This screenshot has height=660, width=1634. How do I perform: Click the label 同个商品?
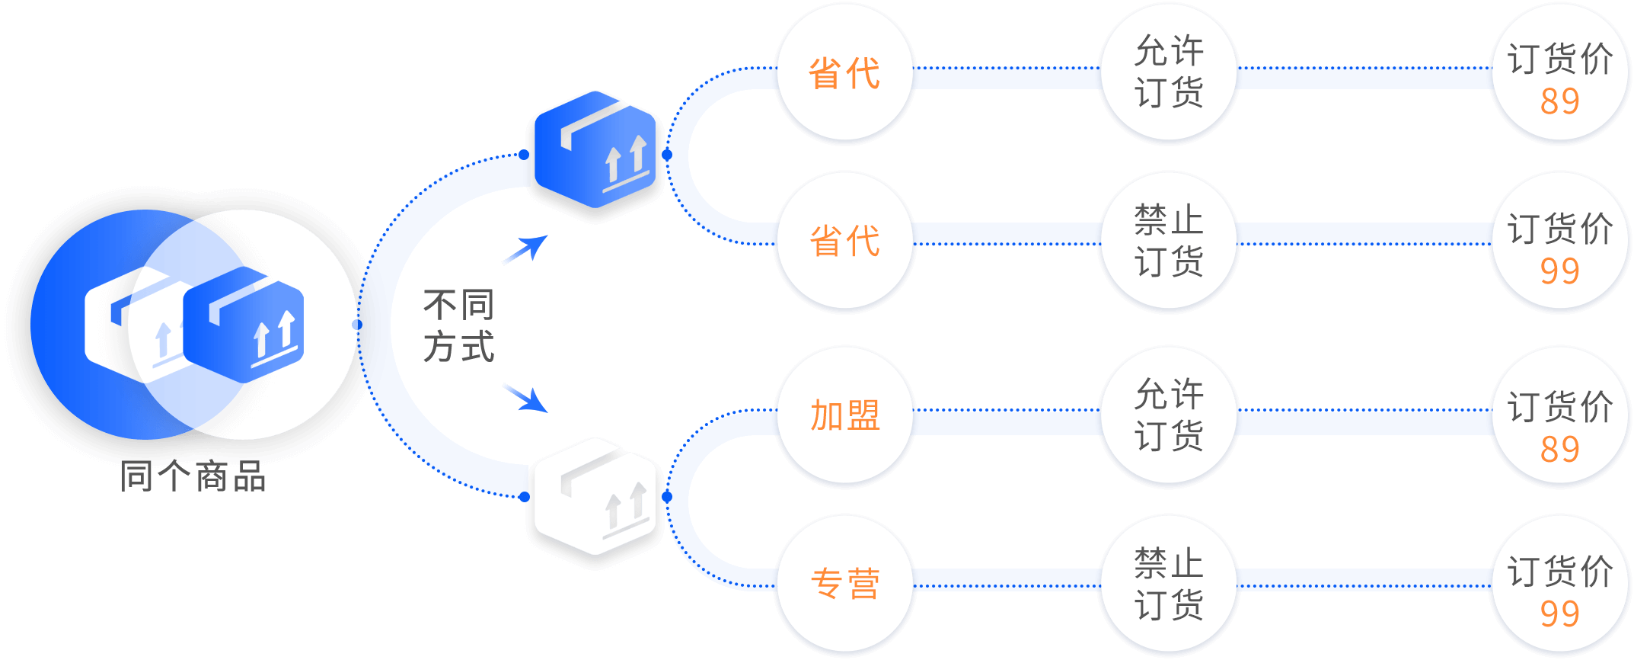coord(193,476)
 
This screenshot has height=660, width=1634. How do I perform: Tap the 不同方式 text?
coord(459,325)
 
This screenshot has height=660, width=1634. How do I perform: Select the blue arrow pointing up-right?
coord(526,248)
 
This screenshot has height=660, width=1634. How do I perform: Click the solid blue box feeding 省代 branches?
coord(595,149)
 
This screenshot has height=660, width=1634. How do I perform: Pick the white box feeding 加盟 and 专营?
coord(595,496)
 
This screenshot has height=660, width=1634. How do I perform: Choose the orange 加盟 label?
coord(845,415)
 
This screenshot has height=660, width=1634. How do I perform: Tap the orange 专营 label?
coord(845,584)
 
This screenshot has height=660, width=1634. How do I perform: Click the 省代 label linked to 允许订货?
coord(844,73)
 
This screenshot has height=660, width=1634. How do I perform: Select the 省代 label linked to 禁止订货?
coord(844,241)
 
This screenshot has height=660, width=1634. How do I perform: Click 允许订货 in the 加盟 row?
coord(1169,415)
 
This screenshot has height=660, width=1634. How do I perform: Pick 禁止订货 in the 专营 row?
coord(1169,584)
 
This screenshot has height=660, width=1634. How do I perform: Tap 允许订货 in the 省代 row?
coord(1169,72)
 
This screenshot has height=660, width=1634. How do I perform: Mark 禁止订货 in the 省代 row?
coord(1169,240)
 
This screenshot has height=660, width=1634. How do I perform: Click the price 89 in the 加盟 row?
coord(1559,450)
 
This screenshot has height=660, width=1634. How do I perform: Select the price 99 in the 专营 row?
coord(1559,614)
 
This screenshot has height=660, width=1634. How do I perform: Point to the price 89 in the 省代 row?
coord(1559,101)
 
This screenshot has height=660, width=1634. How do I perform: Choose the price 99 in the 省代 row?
coord(1559,271)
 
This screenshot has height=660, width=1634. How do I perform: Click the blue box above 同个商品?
coord(244,324)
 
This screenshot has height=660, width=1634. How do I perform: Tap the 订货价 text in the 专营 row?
coord(1560,572)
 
